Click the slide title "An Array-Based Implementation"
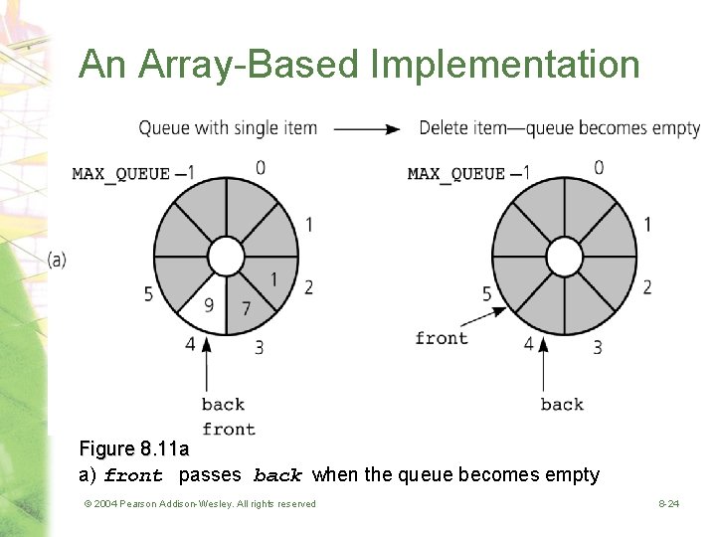pyautogui.click(x=359, y=65)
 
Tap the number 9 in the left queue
pyautogui.click(x=209, y=305)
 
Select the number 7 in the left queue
pyautogui.click(x=246, y=308)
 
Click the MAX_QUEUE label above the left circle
pyautogui.click(x=120, y=174)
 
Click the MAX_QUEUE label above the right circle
pyautogui.click(x=456, y=174)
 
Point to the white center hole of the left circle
pyautogui.click(x=227, y=258)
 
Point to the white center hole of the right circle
pyautogui.click(x=565, y=258)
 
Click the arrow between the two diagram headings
pyautogui.click(x=367, y=128)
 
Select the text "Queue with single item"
pyautogui.click(x=228, y=128)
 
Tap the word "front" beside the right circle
pyautogui.click(x=442, y=338)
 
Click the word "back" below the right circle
pyautogui.click(x=562, y=404)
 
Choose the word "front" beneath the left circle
pyautogui.click(x=229, y=429)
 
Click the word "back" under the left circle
pyautogui.click(x=223, y=404)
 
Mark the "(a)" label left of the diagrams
pyautogui.click(x=57, y=260)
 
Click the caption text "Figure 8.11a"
pyautogui.click(x=133, y=449)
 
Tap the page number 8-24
pyautogui.click(x=668, y=504)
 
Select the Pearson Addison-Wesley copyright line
pyautogui.click(x=200, y=504)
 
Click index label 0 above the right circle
pyautogui.click(x=599, y=167)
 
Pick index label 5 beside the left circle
pyautogui.click(x=148, y=294)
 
